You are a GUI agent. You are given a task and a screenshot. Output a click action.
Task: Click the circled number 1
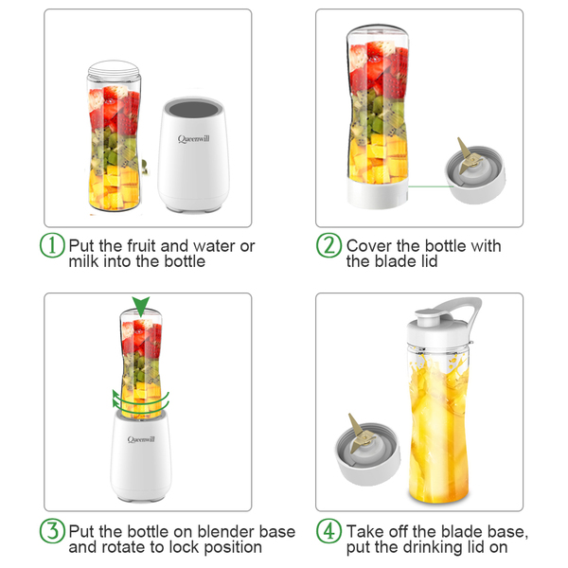52,245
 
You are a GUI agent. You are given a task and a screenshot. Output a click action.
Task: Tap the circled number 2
328,245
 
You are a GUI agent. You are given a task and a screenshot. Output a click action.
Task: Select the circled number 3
52,531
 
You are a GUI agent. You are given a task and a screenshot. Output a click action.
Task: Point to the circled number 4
328,531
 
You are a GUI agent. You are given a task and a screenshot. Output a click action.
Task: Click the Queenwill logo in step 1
193,139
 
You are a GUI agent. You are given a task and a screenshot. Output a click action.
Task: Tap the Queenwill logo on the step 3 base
141,439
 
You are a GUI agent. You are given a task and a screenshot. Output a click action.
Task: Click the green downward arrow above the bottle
140,306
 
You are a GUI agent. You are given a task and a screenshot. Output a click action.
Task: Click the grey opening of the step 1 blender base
194,110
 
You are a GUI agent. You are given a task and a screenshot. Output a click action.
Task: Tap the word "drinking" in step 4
433,548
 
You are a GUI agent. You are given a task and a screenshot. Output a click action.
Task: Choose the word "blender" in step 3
221,532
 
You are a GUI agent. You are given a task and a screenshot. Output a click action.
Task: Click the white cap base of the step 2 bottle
378,193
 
